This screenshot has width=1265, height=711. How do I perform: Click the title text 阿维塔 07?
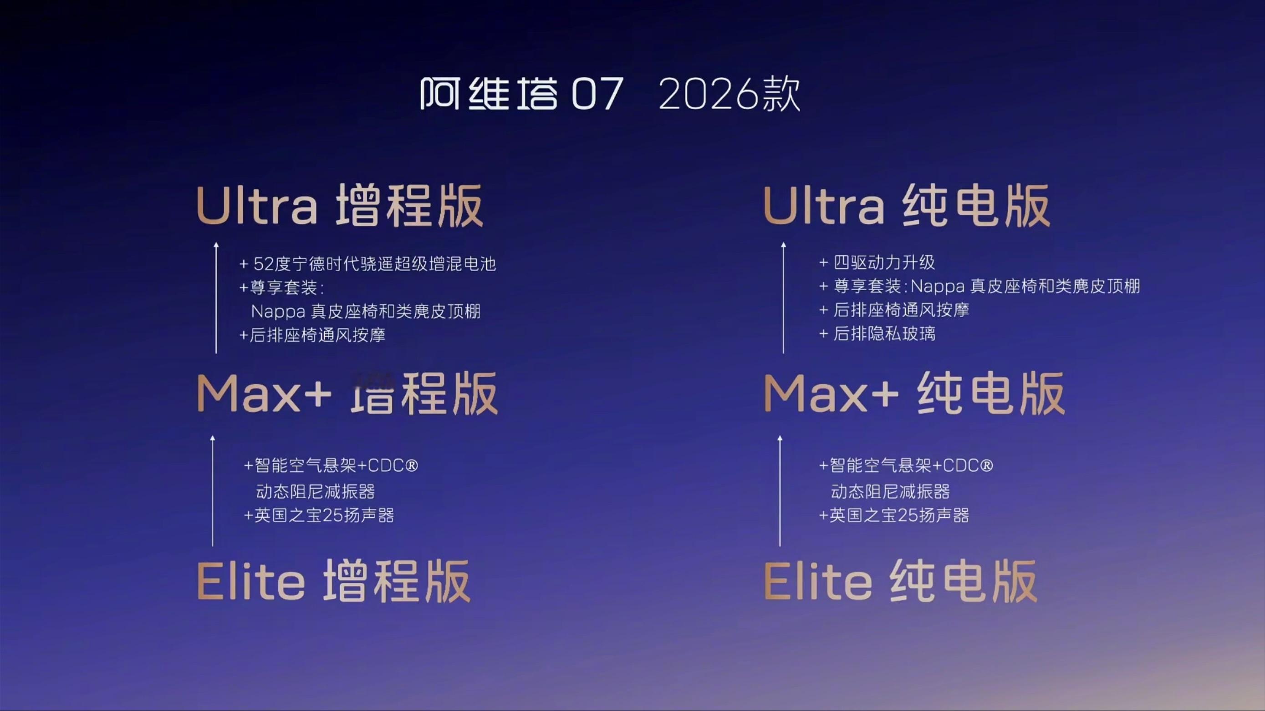point(521,93)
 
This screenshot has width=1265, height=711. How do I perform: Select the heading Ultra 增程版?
point(340,206)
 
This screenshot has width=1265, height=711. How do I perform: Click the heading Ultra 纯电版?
point(907,206)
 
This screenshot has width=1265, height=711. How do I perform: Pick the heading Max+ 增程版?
point(347,393)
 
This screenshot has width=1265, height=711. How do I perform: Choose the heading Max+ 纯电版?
point(914,393)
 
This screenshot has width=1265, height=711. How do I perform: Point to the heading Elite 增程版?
point(333,581)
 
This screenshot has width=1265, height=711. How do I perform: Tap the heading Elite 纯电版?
point(900,581)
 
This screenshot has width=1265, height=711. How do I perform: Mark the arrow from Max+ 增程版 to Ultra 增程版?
point(216,298)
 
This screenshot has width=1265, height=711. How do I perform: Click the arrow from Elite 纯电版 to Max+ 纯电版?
point(780,491)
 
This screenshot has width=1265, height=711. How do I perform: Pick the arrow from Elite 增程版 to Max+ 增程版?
point(213,491)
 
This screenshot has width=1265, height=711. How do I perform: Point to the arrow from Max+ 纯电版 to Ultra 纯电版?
point(783,298)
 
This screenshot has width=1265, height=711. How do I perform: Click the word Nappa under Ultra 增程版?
point(278,312)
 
